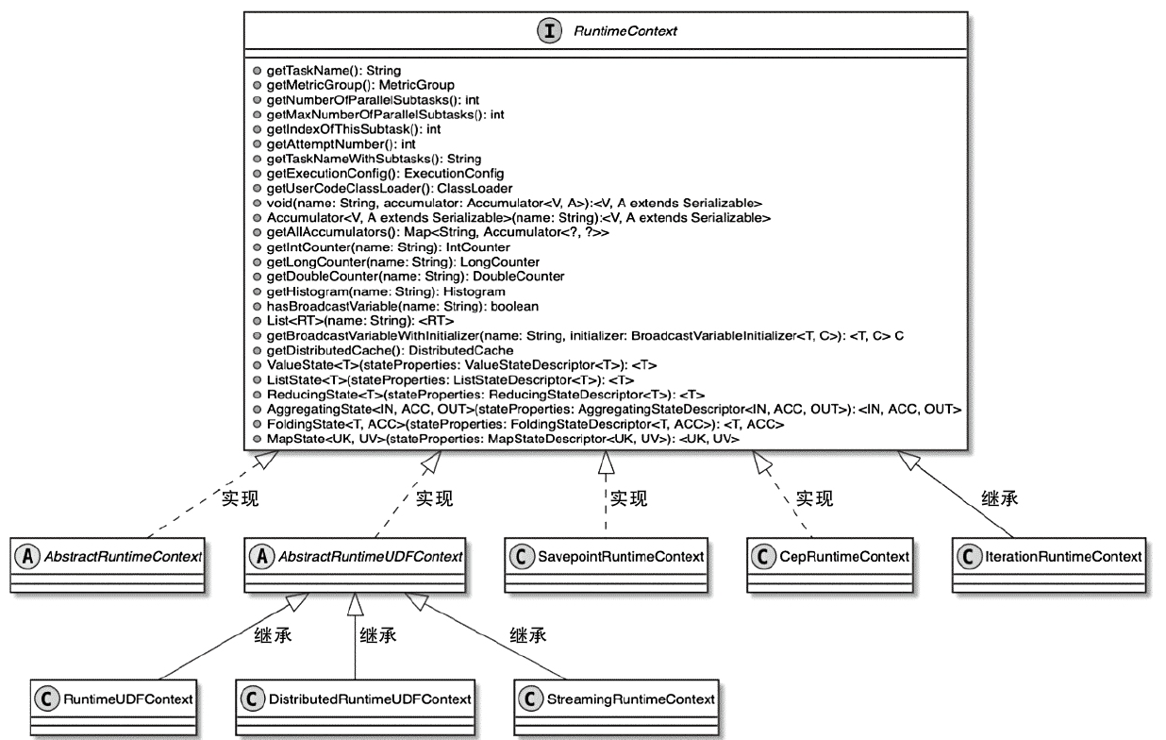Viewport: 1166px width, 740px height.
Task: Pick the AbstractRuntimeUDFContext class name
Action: tap(369, 557)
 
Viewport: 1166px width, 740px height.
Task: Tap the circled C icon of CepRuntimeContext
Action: tap(762, 557)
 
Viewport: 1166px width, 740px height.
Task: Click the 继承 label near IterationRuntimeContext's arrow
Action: tap(1000, 497)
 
